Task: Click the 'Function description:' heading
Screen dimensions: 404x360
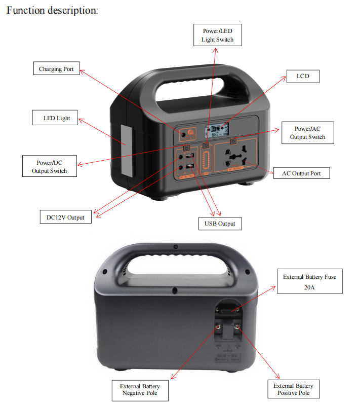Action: pyautogui.click(x=52, y=10)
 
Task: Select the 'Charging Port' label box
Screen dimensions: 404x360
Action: pyautogui.click(x=57, y=69)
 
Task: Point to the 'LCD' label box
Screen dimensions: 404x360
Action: pyautogui.click(x=303, y=77)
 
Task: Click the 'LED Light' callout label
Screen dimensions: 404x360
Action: pyautogui.click(x=57, y=118)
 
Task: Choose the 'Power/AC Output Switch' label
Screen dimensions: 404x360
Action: pyautogui.click(x=307, y=133)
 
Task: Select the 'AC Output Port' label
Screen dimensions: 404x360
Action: pyautogui.click(x=301, y=173)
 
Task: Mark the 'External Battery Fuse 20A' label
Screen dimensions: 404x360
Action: pyautogui.click(x=309, y=282)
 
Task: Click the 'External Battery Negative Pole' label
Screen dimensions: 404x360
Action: pyautogui.click(x=140, y=390)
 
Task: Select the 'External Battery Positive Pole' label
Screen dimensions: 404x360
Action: pyautogui.click(x=294, y=390)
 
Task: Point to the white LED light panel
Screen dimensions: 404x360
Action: pyautogui.click(x=126, y=143)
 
